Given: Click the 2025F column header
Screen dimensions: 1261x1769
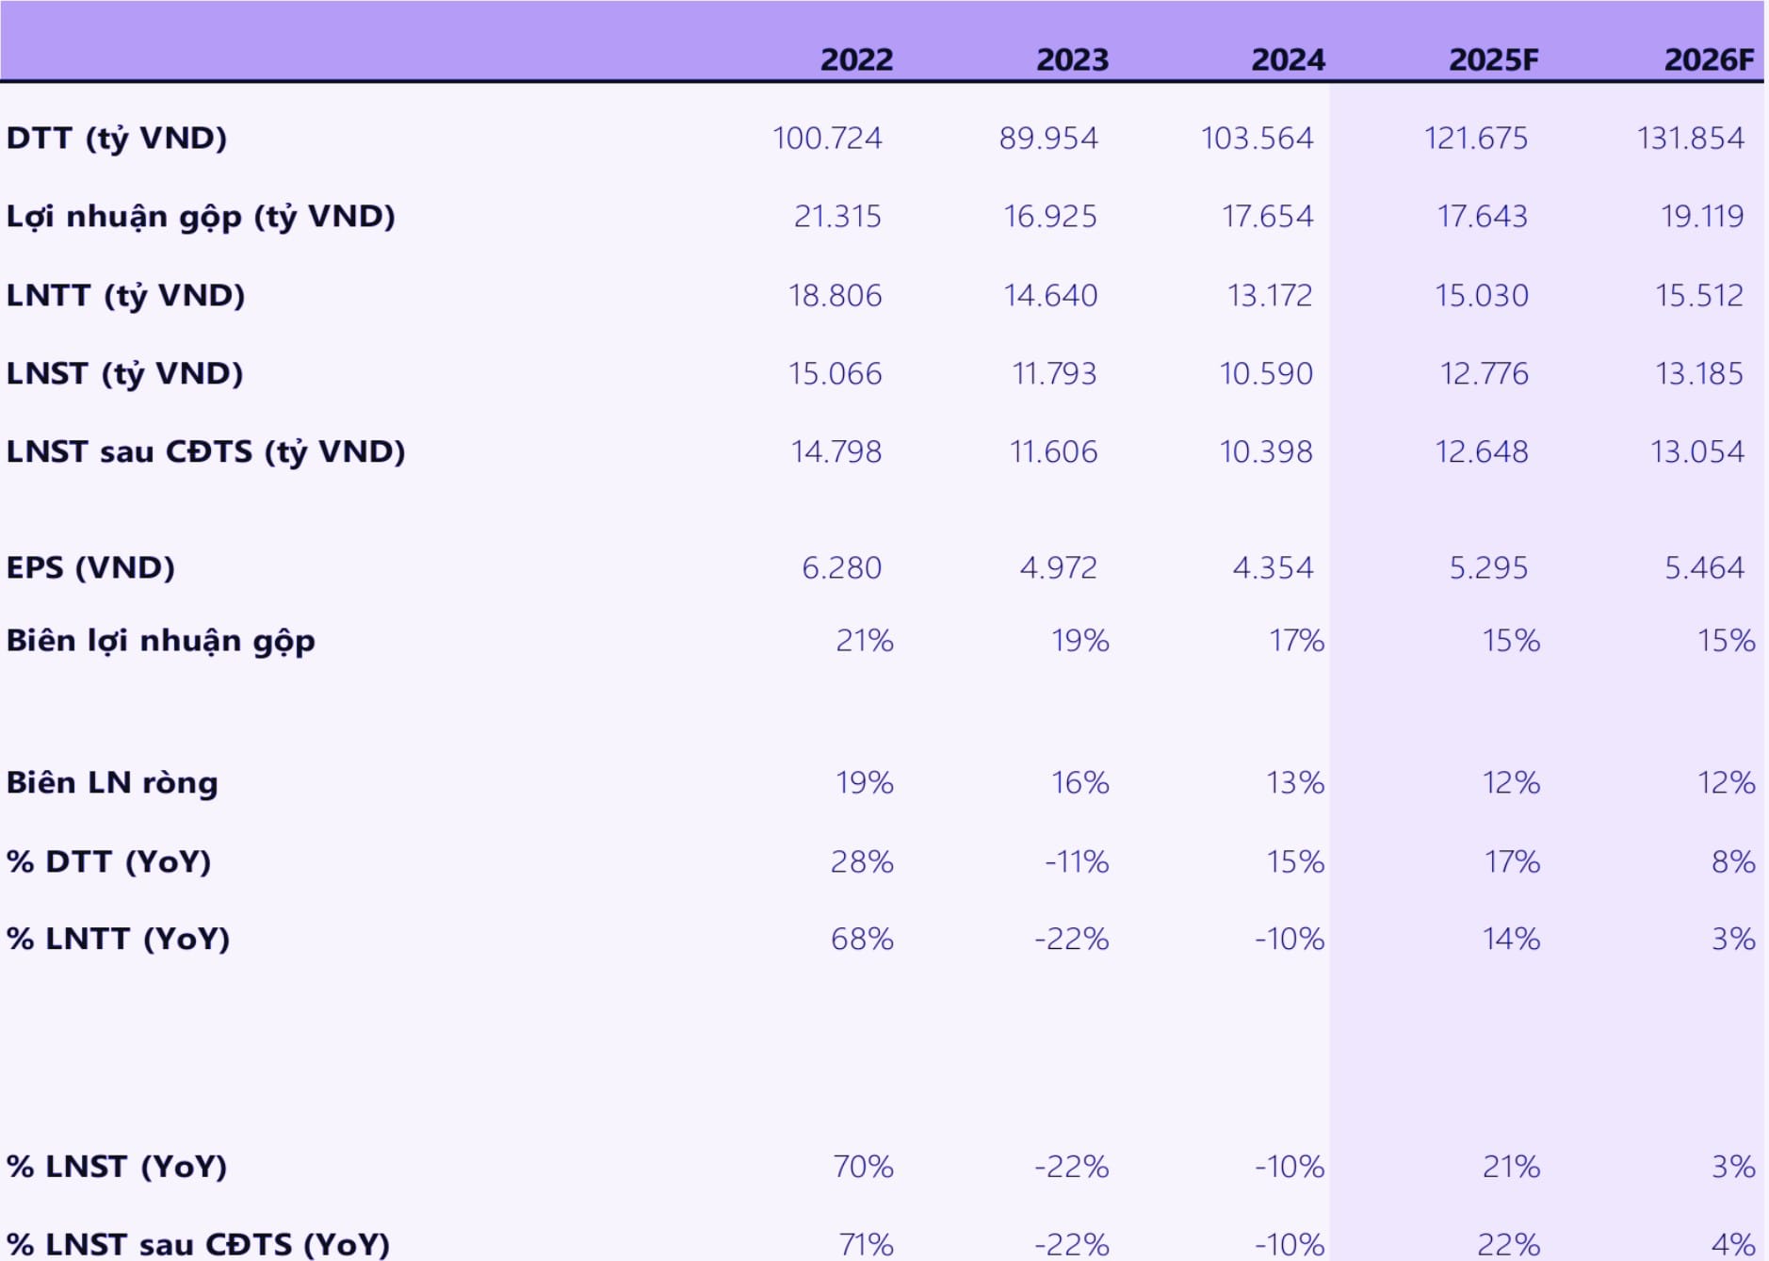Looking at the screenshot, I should pos(1493,59).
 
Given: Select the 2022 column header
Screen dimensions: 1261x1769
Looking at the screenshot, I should pos(856,59).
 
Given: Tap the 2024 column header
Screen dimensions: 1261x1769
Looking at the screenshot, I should pos(1288,59).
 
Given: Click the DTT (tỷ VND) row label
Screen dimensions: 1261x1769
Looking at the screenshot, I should pos(117,139).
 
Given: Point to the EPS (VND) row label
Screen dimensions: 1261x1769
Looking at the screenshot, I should pos(90,567).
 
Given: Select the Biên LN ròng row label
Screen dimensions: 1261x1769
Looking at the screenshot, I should pos(112,782).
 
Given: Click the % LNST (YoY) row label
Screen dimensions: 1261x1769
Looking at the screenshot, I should pos(117,1167).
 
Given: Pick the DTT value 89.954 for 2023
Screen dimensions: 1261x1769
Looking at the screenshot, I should pos(1048,139).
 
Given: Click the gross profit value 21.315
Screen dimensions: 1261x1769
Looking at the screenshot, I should pos(837,217).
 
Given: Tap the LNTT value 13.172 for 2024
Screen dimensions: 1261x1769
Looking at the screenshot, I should pos(1269,296).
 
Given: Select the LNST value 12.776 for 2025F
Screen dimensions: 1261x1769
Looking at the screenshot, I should pos(1484,374).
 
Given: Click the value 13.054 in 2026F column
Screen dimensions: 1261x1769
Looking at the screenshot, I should pos(1696,452).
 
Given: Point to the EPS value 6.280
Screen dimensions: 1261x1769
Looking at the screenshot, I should pos(841,568).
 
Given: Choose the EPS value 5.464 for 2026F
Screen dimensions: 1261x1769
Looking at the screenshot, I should pos(1704,568).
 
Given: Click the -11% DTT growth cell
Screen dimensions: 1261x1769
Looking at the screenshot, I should pos(1077,861).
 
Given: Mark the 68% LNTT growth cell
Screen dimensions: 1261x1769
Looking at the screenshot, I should pos(862,939).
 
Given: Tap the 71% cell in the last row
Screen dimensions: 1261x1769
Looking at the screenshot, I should pos(866,1244).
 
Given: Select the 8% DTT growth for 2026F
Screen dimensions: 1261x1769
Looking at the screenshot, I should pos(1732,861).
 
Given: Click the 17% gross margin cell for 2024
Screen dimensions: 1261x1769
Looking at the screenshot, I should pos(1296,641).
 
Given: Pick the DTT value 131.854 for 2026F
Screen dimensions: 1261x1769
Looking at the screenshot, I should pos(1690,139).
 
